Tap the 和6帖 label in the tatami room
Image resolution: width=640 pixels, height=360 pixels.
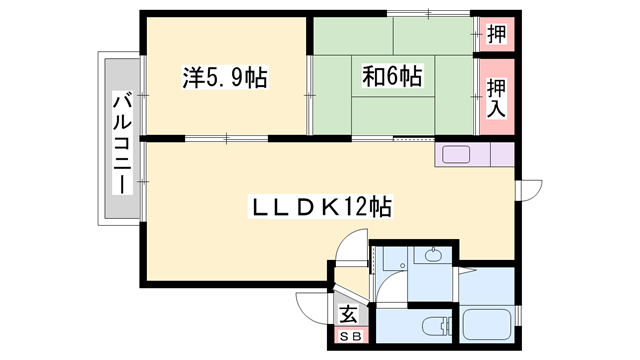(391, 76)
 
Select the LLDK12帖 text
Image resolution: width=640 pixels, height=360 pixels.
(319, 207)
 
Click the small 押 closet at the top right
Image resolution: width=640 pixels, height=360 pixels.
(496, 34)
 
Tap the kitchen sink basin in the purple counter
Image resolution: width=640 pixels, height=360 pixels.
(455, 155)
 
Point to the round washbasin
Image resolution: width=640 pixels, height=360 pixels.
(432, 256)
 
